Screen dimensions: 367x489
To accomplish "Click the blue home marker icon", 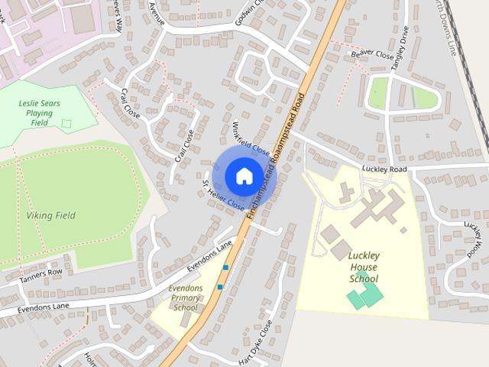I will coord(244,176).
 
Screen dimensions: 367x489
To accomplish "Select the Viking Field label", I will coord(50,216).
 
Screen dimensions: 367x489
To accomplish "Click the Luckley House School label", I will coord(364,267).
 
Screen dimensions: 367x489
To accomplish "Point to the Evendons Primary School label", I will coord(185,297).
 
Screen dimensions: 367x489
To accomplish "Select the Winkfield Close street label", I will coord(251,138).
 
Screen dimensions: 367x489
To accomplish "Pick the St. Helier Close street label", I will coord(223,196).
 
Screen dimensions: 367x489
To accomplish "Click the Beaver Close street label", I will coord(372,55).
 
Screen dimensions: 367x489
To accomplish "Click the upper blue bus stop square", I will coord(225,268).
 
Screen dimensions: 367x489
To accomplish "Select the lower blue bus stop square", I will coord(220,287).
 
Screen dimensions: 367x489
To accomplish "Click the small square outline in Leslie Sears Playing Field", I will coord(66,122).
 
